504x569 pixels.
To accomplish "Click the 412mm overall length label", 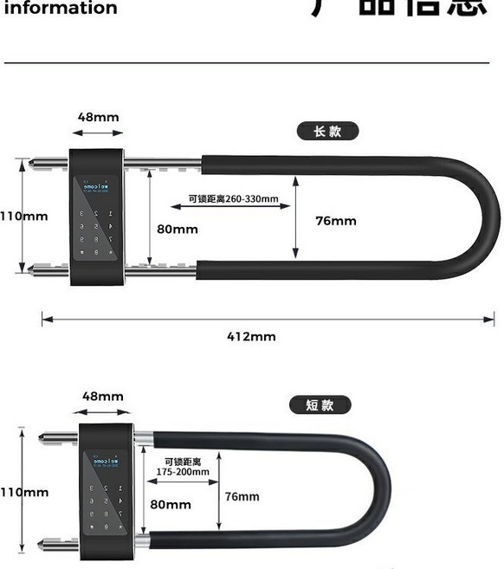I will pos(251,336).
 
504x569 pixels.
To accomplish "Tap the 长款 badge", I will pos(328,132).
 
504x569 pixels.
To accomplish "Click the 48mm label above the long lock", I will pos(98,117).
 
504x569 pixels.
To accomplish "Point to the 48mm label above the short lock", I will pos(103,397).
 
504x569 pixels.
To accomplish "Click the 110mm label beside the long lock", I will pos(23,216).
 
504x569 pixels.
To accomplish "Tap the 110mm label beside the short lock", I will pos(24,492).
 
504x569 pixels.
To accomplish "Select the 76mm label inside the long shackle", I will pos(336,221).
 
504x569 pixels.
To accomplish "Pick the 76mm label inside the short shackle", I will pos(242,496).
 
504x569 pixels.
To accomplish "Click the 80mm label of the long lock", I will pos(177,230).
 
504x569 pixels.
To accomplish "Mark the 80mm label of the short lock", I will pos(171,503).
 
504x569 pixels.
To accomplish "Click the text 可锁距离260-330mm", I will pos(234,199).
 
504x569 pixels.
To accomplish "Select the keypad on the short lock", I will pos(106,508).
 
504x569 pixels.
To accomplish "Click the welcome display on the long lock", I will pos(94,185).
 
